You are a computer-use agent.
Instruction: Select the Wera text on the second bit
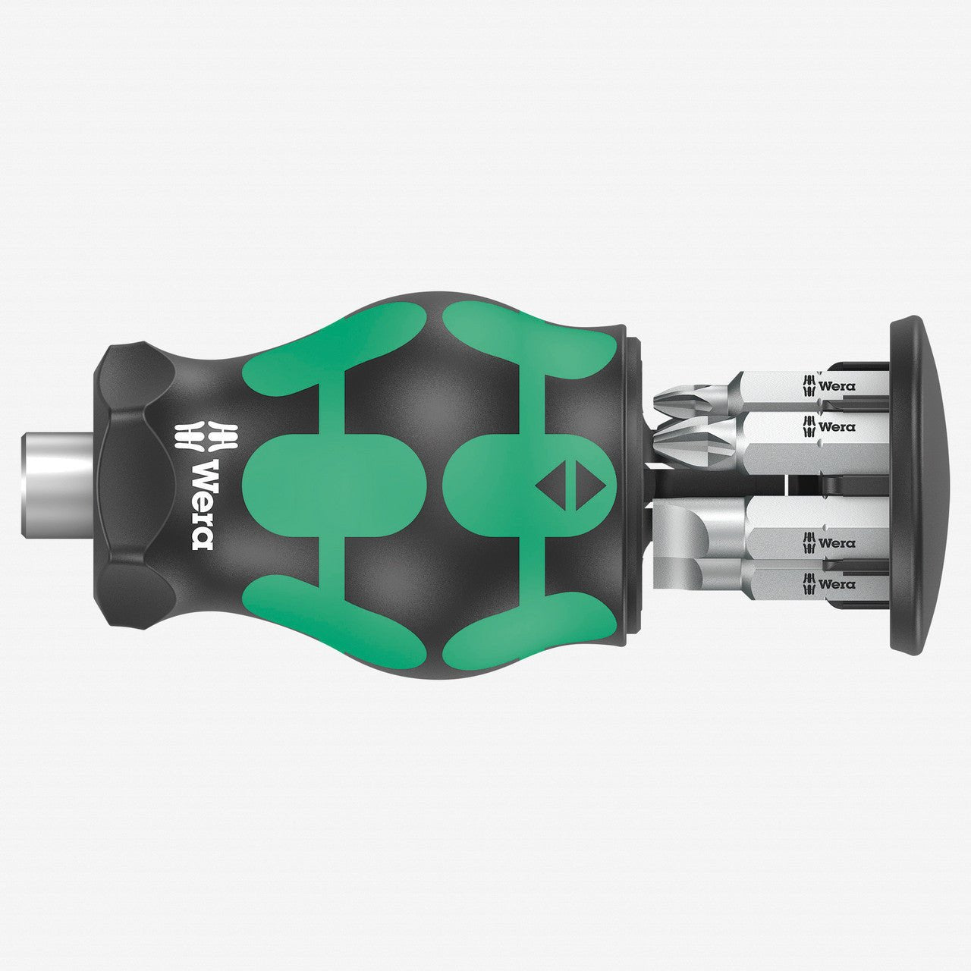tap(837, 426)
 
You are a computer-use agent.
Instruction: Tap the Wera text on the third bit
tap(837, 543)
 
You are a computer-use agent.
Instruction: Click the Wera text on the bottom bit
tap(837, 584)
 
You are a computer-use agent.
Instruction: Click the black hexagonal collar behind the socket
tap(133, 485)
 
